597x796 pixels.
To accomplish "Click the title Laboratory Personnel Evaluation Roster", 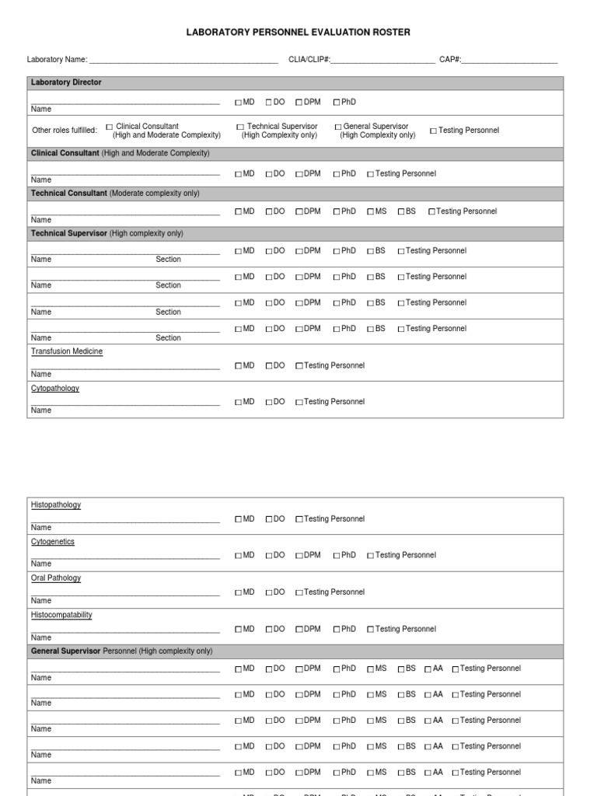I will pos(298,33).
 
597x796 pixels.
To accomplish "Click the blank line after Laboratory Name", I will pos(183,61).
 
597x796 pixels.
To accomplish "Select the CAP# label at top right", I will pos(450,60).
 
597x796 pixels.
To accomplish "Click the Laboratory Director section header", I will pos(66,82).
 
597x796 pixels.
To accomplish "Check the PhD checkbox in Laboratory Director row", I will pos(337,103).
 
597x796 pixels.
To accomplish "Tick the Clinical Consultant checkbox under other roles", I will pos(110,127).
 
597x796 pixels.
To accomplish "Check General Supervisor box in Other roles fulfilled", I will pos(338,127).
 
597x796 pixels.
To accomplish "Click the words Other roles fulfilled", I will pos(65,131).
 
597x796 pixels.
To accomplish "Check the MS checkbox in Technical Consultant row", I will pos(370,211).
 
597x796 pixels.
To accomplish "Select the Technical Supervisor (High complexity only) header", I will pos(107,234).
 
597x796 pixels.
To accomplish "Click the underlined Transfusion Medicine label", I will pos(67,351).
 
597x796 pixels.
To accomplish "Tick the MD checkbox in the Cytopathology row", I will pos(239,403).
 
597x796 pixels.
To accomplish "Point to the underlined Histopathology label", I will pos(56,505).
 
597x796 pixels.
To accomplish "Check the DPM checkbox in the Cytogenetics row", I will pos(299,556).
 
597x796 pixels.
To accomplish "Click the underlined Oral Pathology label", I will pos(56,578).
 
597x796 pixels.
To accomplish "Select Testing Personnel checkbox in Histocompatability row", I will pos(370,630).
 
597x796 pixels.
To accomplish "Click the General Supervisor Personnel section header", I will pos(121,651).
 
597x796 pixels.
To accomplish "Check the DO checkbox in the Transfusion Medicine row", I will pos(269,366).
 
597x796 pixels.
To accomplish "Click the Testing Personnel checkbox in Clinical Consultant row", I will pos(370,174).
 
